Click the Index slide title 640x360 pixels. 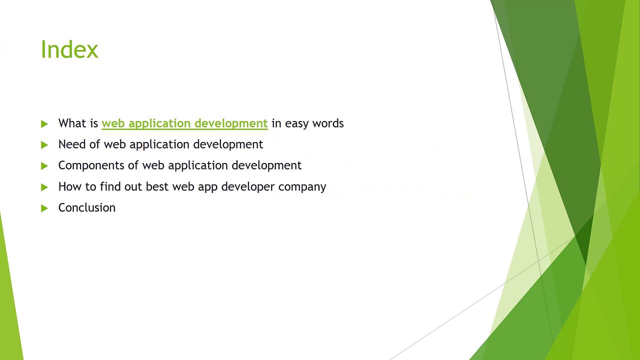69,49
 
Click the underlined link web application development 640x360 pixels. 184,123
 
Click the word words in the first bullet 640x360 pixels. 328,123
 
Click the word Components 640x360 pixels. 98,165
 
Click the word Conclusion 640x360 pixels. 87,207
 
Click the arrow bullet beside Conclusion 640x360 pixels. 44,208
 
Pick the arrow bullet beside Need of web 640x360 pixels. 44,145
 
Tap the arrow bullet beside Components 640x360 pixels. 44,166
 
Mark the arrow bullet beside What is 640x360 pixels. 44,123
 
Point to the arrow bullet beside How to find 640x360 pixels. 44,187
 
